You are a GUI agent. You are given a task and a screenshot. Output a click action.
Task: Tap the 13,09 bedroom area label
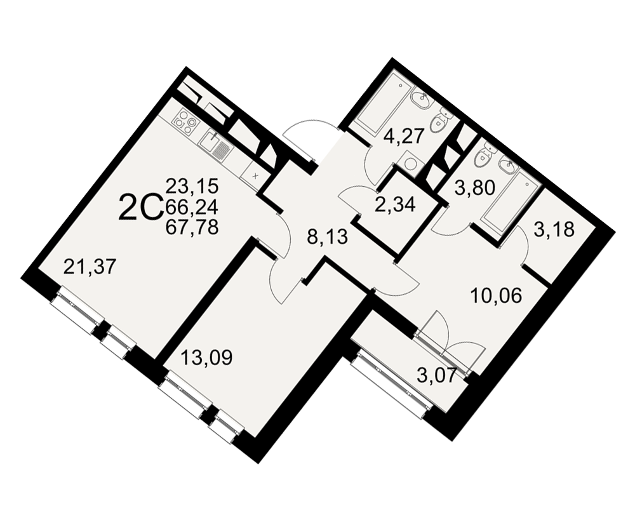pyautogui.click(x=206, y=358)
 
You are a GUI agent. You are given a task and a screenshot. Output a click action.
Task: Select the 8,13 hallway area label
pyautogui.click(x=327, y=237)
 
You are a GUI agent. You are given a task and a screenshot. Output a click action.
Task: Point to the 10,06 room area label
pyautogui.click(x=497, y=296)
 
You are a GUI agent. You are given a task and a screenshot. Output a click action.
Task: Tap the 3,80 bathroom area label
pyautogui.click(x=475, y=188)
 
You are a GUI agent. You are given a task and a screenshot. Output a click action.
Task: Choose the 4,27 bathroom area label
pyautogui.click(x=403, y=136)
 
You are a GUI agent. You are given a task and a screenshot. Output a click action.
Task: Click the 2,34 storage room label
pyautogui.click(x=395, y=205)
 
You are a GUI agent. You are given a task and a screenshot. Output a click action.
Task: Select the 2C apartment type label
pyautogui.click(x=140, y=208)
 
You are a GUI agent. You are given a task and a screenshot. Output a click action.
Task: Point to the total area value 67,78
pyautogui.click(x=192, y=227)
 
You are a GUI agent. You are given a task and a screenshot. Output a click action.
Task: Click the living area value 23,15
pyautogui.click(x=192, y=187)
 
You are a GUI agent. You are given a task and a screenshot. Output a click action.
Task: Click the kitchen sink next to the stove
pyautogui.click(x=216, y=146)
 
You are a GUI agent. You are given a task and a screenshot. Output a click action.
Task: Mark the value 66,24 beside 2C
pyautogui.click(x=192, y=208)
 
